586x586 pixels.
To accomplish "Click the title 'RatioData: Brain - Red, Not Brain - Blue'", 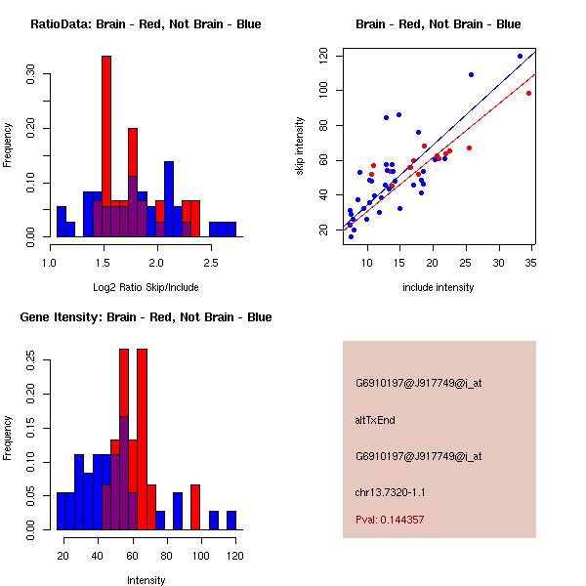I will point(145,24).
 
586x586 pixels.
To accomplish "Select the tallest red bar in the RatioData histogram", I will point(106,146).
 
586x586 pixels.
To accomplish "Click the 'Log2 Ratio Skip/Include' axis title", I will point(145,289).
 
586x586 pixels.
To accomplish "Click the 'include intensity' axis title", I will point(439,288).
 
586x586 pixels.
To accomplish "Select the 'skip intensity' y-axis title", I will point(301,146).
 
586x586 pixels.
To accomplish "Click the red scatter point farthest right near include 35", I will point(528,94).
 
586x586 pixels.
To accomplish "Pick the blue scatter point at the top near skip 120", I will point(520,56).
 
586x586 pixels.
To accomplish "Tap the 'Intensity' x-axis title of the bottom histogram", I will point(146,580).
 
